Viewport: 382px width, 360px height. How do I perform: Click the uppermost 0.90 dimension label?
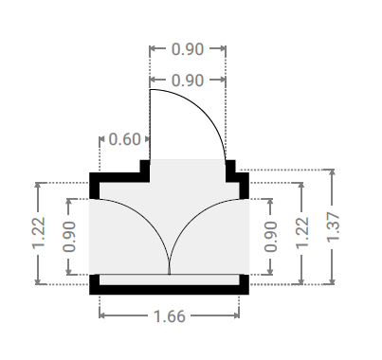tap(188, 49)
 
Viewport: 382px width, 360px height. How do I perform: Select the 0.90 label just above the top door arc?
tap(188, 81)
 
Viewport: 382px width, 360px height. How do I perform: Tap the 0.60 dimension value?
tap(124, 139)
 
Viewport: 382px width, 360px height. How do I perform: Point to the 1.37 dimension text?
tap(333, 227)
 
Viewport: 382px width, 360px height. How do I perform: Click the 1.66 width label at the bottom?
tap(169, 316)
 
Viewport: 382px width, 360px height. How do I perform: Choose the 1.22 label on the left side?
tap(39, 233)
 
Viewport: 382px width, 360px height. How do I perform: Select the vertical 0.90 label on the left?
tap(69, 237)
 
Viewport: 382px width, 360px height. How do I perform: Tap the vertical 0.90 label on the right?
tap(270, 237)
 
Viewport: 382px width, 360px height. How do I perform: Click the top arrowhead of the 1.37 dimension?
tap(332, 172)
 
